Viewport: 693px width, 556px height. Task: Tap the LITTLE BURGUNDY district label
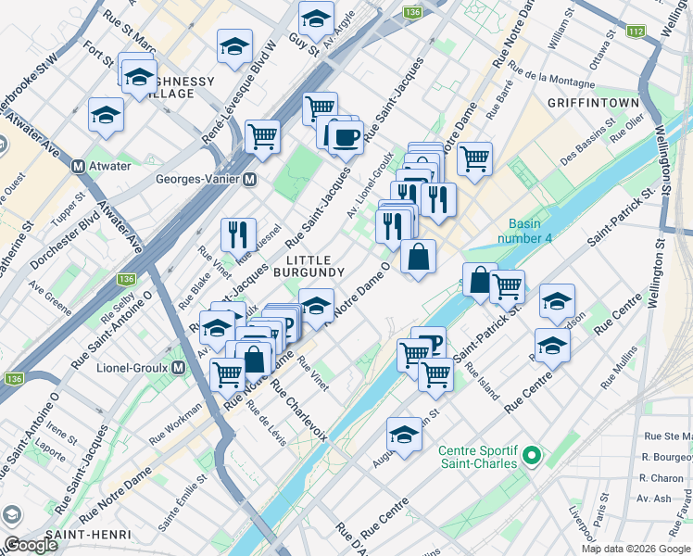pos(315,265)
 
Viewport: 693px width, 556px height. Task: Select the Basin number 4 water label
pos(536,232)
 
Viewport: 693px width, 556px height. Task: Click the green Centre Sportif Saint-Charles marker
pos(530,455)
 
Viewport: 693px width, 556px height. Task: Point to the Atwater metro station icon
pos(80,166)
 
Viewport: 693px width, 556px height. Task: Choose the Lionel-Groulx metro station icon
pos(179,367)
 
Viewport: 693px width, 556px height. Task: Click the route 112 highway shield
pos(635,32)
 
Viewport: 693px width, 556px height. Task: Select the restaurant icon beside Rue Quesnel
pos(239,234)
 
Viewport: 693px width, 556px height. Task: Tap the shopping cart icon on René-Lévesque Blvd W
pos(263,136)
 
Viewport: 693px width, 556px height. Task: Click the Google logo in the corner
pos(31,545)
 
